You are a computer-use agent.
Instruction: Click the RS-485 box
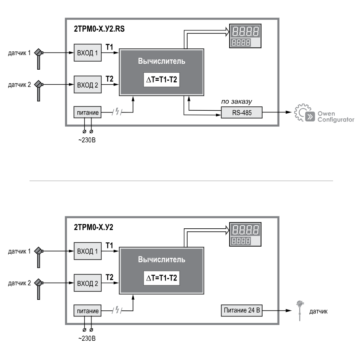click(242, 113)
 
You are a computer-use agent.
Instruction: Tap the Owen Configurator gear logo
click(304, 114)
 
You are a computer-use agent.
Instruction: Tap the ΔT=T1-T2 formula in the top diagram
click(161, 81)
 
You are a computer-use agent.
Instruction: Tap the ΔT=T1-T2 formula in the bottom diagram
click(161, 278)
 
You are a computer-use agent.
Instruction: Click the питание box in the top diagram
click(88, 113)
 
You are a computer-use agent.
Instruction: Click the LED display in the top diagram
click(246, 36)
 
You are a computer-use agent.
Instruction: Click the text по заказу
click(236, 102)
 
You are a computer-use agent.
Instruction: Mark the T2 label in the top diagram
click(109, 79)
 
